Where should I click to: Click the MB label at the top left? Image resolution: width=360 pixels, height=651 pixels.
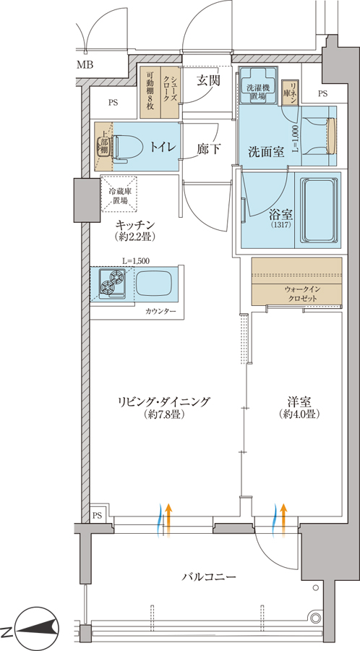click(85, 65)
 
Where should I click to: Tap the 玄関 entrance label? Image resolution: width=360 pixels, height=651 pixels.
click(208, 81)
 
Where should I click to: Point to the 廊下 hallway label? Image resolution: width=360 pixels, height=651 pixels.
click(209, 148)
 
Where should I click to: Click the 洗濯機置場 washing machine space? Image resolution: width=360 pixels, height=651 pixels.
click(258, 85)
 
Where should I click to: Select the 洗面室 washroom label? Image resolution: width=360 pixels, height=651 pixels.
click(266, 152)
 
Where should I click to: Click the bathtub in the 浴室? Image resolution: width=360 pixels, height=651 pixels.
click(319, 210)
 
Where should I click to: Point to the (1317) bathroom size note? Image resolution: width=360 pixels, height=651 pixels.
click(280, 225)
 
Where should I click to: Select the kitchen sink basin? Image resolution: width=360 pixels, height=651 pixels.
click(154, 284)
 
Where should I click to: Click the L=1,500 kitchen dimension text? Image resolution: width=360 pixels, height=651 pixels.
click(136, 260)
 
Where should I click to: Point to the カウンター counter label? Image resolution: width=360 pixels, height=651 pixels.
click(161, 311)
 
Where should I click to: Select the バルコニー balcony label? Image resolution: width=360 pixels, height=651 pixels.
click(210, 576)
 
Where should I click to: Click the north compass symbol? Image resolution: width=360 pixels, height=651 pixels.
click(36, 627)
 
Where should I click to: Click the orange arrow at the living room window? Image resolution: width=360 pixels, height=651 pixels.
click(168, 521)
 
